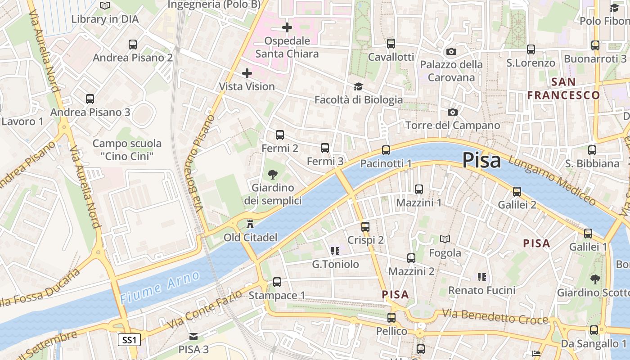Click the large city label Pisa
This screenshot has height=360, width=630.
pos(481,160)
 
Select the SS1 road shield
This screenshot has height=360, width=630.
pos(129,340)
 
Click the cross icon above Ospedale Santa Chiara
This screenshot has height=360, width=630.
pos(287,28)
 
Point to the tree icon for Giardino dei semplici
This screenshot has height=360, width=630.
pos(272,175)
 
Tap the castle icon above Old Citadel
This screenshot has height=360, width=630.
pos(250,224)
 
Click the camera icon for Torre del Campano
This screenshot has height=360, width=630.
pos(452,112)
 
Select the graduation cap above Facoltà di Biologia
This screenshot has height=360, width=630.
pos(358,86)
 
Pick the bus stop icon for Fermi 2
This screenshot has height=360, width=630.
pos(279,135)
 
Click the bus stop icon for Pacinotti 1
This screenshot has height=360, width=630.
pos(386,150)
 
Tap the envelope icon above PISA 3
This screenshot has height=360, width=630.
pos(193,336)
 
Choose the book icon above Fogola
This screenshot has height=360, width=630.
pos(445,239)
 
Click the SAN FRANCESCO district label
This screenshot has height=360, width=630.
pos(563,89)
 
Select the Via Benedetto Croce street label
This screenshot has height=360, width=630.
pos(495,316)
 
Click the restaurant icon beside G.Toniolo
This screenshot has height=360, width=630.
pos(334,251)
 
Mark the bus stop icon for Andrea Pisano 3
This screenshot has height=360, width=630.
pos(90,99)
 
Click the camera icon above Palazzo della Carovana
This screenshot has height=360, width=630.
pos(451,51)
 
